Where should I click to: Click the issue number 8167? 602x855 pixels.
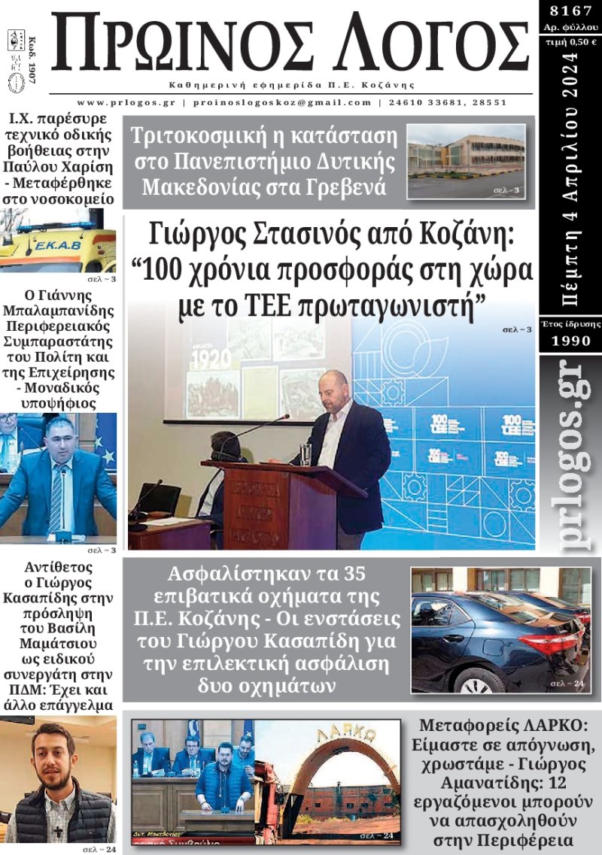pyautogui.click(x=570, y=12)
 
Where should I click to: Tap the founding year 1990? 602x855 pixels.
pyautogui.click(x=570, y=341)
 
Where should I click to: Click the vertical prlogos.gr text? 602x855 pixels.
pyautogui.click(x=570, y=458)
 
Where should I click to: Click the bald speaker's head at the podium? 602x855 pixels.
pyautogui.click(x=333, y=385)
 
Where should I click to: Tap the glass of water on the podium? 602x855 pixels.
pyautogui.click(x=306, y=453)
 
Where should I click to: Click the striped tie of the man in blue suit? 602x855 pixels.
pyautogui.click(x=56, y=497)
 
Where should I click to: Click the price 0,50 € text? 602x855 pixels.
pyautogui.click(x=570, y=42)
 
